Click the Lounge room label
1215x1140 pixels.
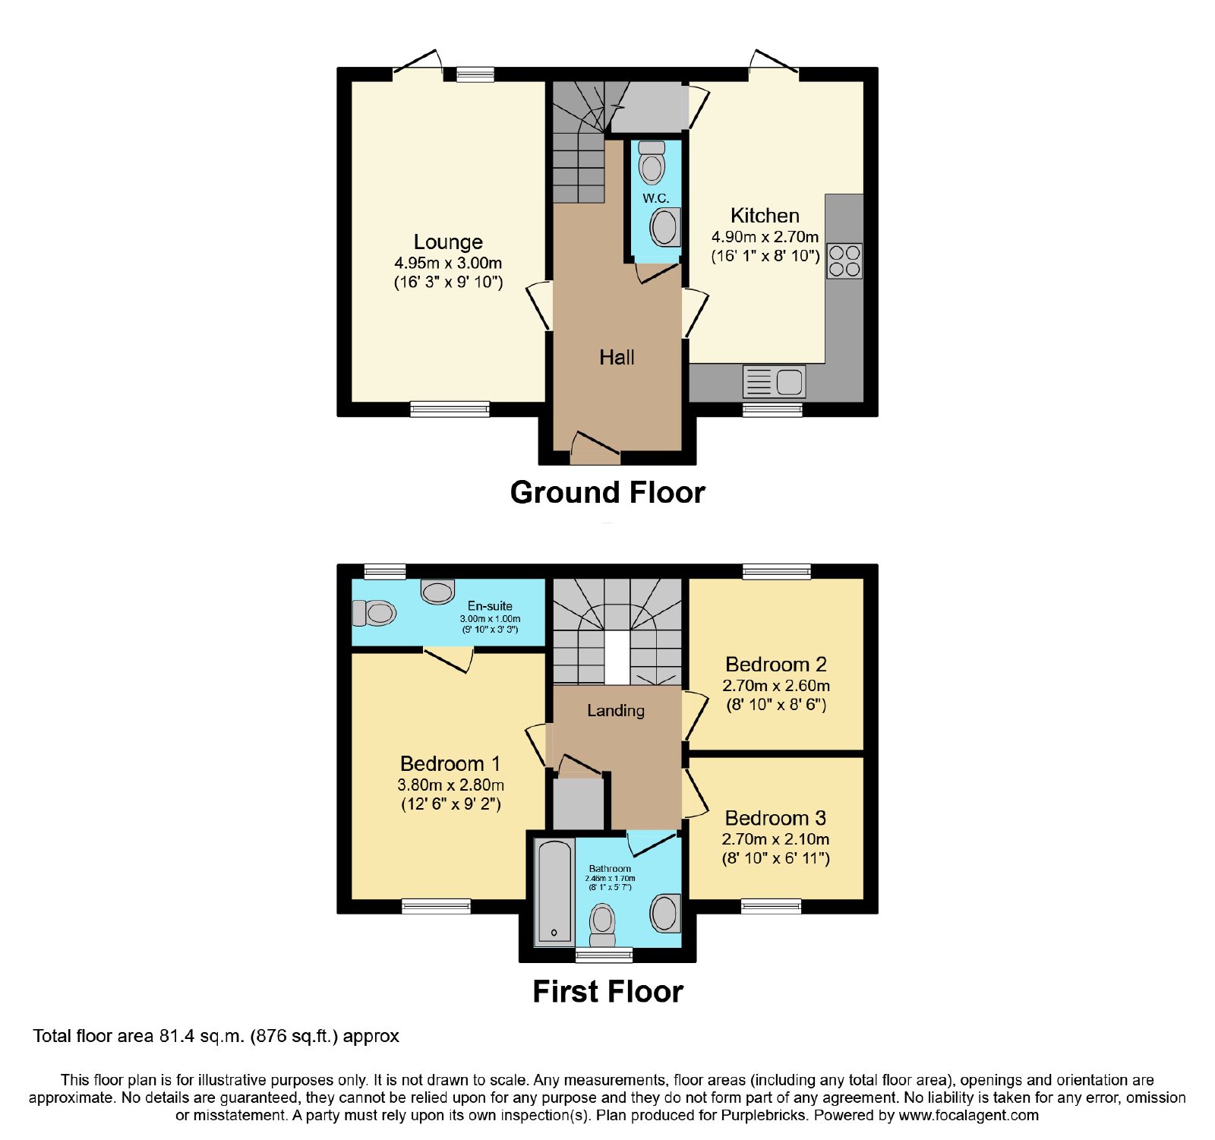click(448, 242)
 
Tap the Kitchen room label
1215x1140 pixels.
click(765, 216)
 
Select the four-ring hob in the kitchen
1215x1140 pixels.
click(844, 261)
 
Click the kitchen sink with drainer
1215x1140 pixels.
click(774, 381)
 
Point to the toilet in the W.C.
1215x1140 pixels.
click(652, 162)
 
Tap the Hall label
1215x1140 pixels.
click(617, 358)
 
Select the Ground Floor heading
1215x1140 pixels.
click(607, 492)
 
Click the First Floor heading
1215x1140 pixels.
click(607, 991)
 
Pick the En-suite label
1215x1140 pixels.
click(490, 606)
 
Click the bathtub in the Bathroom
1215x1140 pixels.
click(554, 892)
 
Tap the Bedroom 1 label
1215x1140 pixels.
click(450, 763)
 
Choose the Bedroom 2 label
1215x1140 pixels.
click(775, 665)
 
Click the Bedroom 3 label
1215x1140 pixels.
click(775, 818)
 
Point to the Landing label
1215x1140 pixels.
click(616, 711)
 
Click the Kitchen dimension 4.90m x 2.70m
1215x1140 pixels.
click(765, 237)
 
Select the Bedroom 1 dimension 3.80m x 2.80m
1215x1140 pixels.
click(450, 785)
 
